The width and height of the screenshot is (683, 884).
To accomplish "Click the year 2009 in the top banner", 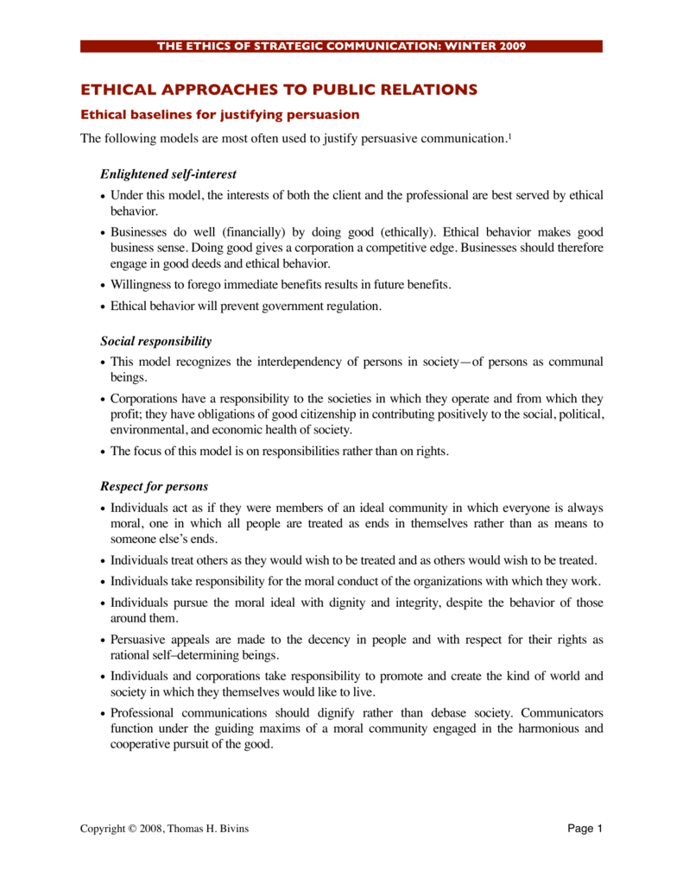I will click(510, 46).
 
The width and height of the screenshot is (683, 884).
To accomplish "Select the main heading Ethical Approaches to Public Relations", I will click(279, 89).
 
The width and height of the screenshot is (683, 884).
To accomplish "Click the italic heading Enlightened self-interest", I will click(168, 174).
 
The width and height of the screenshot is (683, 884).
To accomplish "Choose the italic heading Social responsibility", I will click(156, 342).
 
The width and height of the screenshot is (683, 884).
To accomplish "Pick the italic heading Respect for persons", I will click(155, 487).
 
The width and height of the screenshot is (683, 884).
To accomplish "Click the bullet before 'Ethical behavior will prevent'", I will click(104, 306).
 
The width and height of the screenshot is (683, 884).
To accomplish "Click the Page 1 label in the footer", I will click(585, 829).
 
